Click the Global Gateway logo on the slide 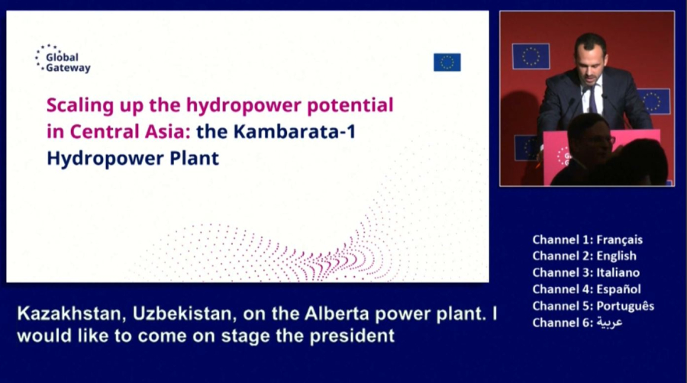63,59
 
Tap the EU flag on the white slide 447,62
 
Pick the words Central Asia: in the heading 130,132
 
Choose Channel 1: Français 588,240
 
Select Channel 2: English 585,256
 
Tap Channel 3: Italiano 586,272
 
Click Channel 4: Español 587,289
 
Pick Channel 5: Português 593,306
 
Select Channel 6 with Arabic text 578,323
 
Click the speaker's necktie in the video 593,100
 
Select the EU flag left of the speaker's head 531,56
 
